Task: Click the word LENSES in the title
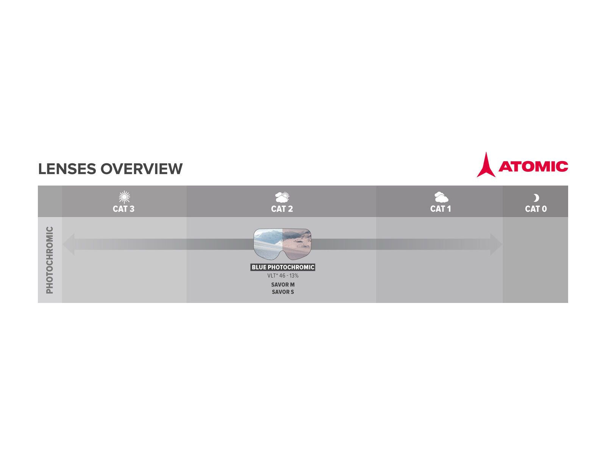pyautogui.click(x=67, y=169)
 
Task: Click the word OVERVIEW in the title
pyautogui.click(x=141, y=169)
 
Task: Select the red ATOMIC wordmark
pyautogui.click(x=533, y=166)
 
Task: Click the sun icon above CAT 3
pyautogui.click(x=124, y=197)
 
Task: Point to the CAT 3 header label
pyautogui.click(x=123, y=209)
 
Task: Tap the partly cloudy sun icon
pyautogui.click(x=282, y=197)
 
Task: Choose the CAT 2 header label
pyautogui.click(x=282, y=209)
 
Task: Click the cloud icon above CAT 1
pyautogui.click(x=441, y=197)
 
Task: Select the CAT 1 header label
pyautogui.click(x=440, y=209)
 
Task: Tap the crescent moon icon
pyautogui.click(x=536, y=198)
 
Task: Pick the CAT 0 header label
pyautogui.click(x=536, y=209)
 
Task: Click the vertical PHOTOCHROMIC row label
pyautogui.click(x=50, y=260)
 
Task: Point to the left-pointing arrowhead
pyautogui.click(x=69, y=244)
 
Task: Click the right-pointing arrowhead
pyautogui.click(x=496, y=244)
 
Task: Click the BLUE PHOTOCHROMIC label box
pyautogui.click(x=283, y=267)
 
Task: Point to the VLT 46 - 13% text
pyautogui.click(x=283, y=276)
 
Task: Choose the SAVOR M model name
pyautogui.click(x=283, y=284)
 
